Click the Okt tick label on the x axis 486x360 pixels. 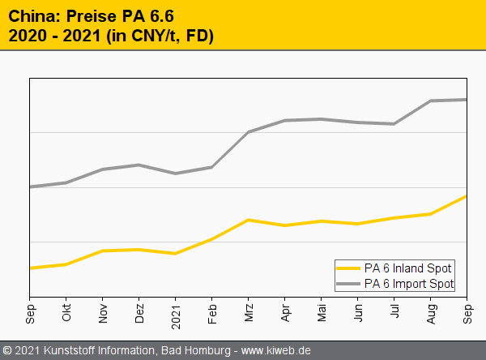click(66, 313)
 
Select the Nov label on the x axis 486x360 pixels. click(103, 313)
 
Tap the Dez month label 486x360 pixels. click(139, 313)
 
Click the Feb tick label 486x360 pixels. click(212, 313)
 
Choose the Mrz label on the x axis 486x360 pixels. click(249, 313)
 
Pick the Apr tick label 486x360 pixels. click(285, 313)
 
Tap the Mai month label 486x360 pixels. click(322, 313)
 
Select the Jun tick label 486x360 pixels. click(358, 313)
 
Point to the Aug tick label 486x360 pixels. click(431, 313)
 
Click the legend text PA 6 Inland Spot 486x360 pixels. click(407, 268)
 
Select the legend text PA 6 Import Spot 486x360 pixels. click(409, 284)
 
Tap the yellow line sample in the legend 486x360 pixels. click(348, 268)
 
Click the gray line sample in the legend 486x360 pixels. click(348, 284)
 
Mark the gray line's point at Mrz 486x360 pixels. click(249, 131)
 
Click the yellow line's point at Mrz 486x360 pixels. click(249, 220)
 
